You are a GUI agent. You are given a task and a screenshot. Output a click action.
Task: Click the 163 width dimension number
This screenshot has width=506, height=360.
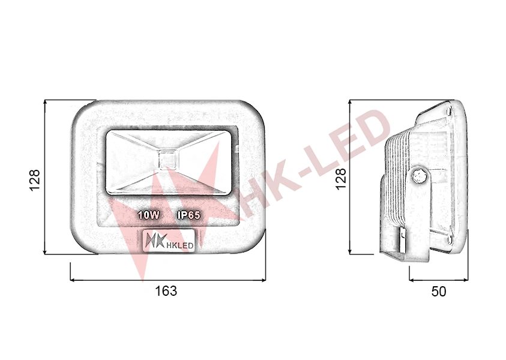tap(166, 291)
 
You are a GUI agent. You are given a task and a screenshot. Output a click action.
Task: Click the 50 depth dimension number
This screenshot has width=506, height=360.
tap(439, 291)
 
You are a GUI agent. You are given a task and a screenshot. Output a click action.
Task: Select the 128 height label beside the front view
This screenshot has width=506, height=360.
tap(35, 180)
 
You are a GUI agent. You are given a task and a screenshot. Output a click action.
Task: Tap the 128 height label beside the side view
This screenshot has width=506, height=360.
tap(340, 178)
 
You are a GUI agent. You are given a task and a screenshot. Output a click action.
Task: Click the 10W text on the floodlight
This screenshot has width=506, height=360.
tap(149, 215)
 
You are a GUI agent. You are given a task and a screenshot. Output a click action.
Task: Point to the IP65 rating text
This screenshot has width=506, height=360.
tap(189, 215)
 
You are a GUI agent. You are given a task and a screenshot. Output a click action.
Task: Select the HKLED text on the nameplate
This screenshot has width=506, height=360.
tap(179, 245)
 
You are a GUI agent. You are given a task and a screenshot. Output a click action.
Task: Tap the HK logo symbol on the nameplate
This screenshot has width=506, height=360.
tap(155, 241)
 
